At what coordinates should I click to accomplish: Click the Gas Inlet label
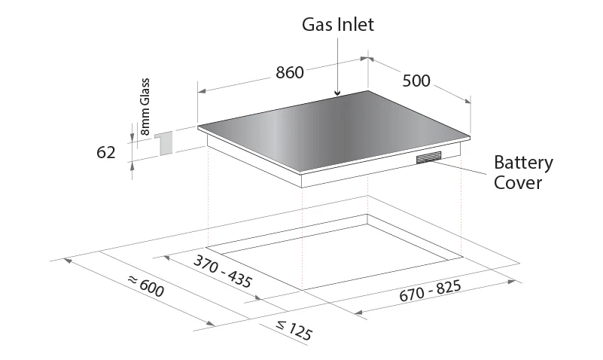pos(338,25)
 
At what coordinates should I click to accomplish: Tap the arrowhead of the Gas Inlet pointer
pos(337,93)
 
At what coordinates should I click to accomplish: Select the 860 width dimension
pos(290,72)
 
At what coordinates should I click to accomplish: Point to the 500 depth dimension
pos(416,81)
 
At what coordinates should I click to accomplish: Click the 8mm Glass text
pos(145,106)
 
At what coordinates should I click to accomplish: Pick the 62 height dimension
pos(105,153)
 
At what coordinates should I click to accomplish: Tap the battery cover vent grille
pos(429,157)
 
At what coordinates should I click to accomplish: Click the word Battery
pos(523,163)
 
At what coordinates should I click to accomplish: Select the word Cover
pos(518,182)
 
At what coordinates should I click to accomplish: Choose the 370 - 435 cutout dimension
pos(223,271)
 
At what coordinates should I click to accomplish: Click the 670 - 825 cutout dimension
pos(430,291)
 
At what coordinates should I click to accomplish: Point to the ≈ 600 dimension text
pos(146,286)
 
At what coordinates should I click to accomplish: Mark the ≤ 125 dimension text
pos(294,330)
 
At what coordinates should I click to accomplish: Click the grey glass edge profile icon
pos(165,142)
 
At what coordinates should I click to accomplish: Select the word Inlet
pos(356,25)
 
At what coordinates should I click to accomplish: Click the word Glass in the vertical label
pos(145,92)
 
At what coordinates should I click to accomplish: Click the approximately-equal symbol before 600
pos(132,280)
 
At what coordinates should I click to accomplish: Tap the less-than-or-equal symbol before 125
pos(282,326)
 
